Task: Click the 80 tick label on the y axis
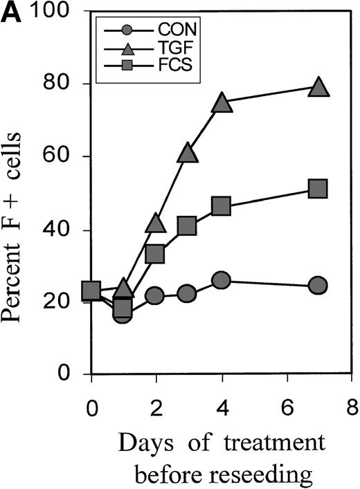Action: pyautogui.click(x=66, y=84)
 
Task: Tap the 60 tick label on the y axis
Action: pyautogui.click(x=66, y=157)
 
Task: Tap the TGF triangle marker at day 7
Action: pyautogui.click(x=318, y=86)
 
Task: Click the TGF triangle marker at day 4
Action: pyautogui.click(x=222, y=102)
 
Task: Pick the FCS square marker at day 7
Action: pyautogui.click(x=318, y=189)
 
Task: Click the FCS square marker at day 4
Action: pyautogui.click(x=222, y=206)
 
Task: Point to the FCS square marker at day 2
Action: pyautogui.click(x=156, y=254)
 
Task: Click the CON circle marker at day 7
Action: pyautogui.click(x=318, y=285)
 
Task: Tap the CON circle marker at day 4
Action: pyautogui.click(x=222, y=280)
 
